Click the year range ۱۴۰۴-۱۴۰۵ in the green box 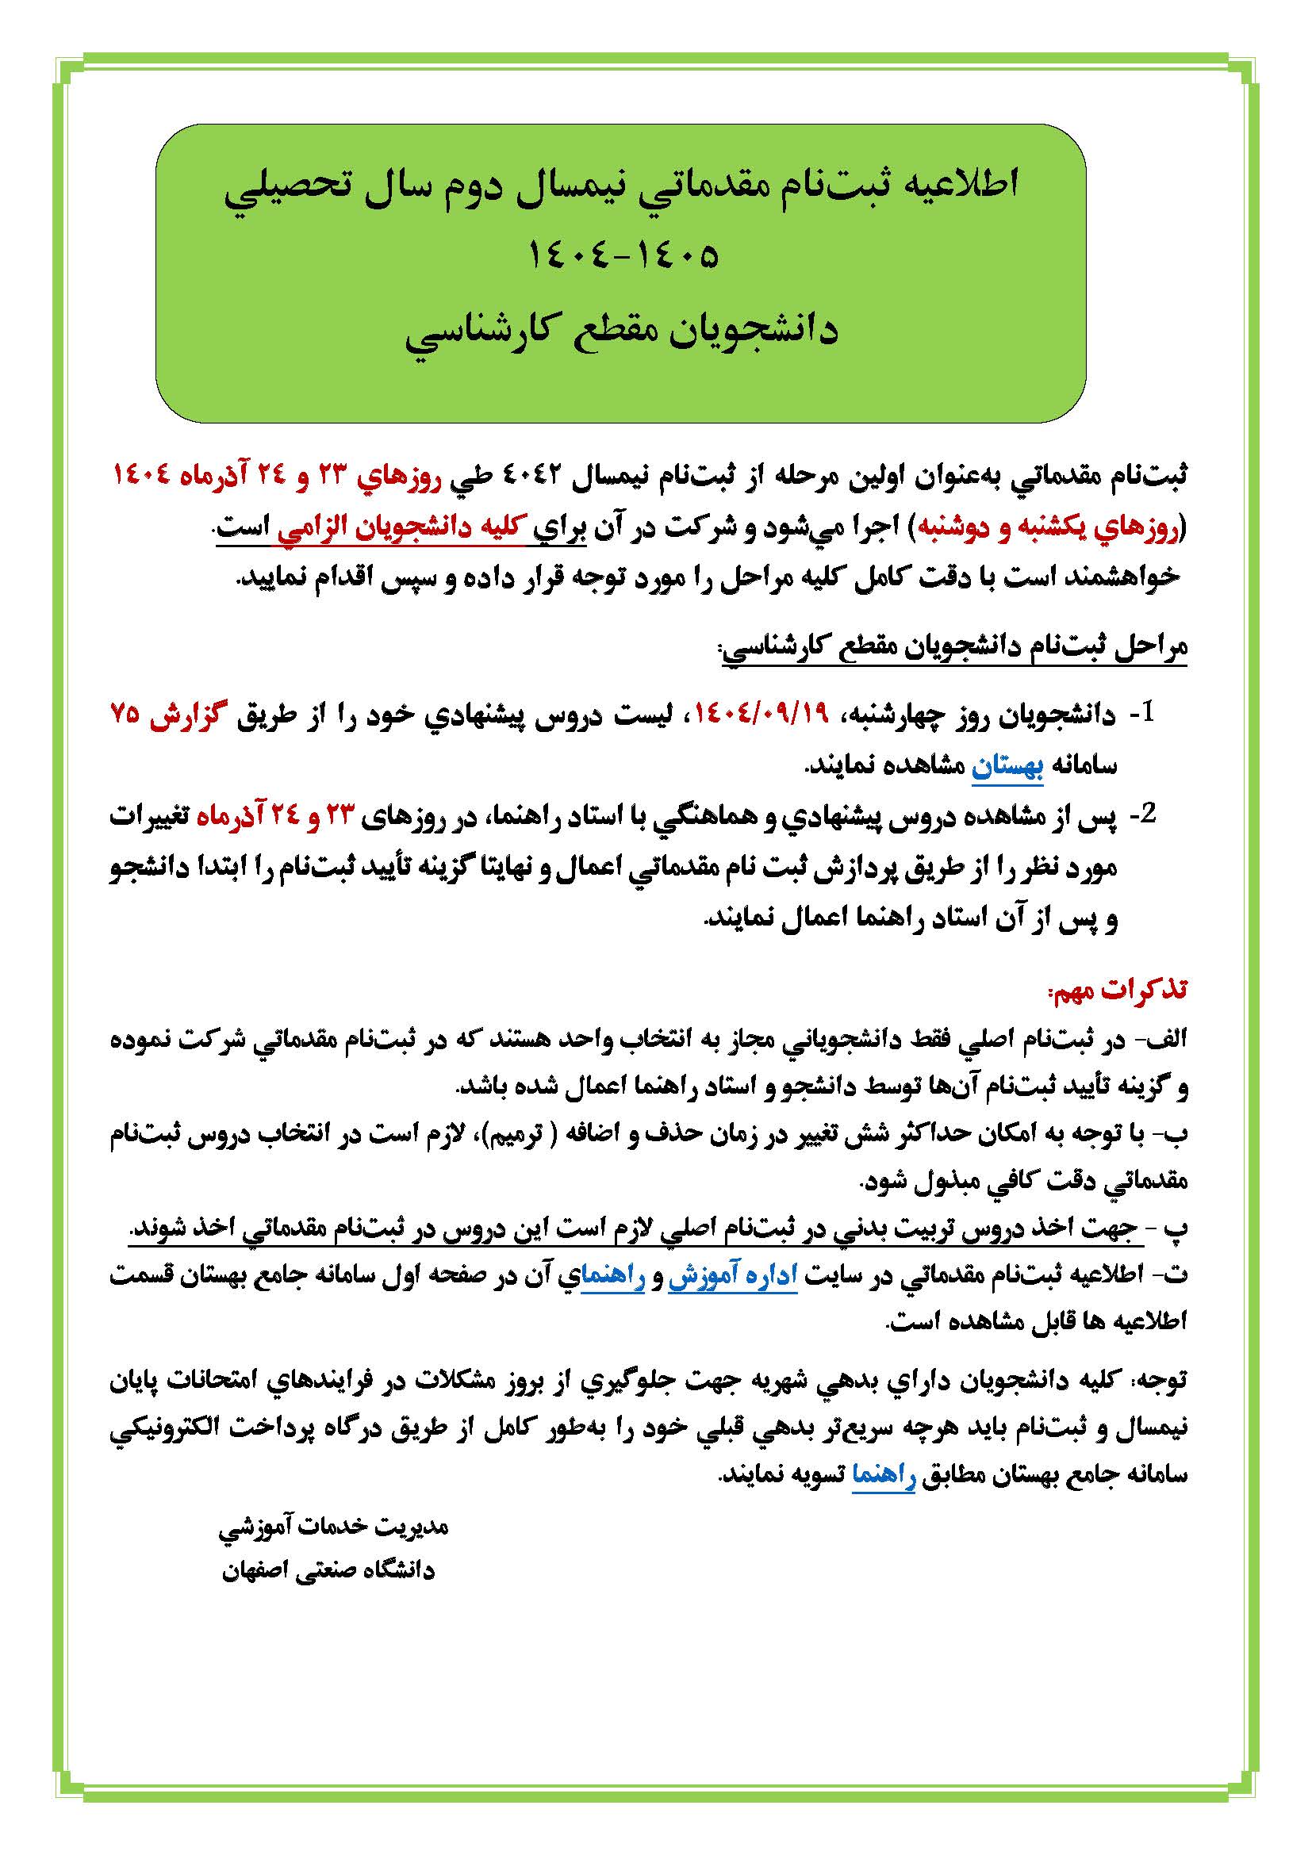[x=623, y=256]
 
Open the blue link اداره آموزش [x=732, y=1275]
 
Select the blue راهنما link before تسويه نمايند [x=884, y=1474]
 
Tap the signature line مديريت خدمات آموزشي [x=334, y=1526]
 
